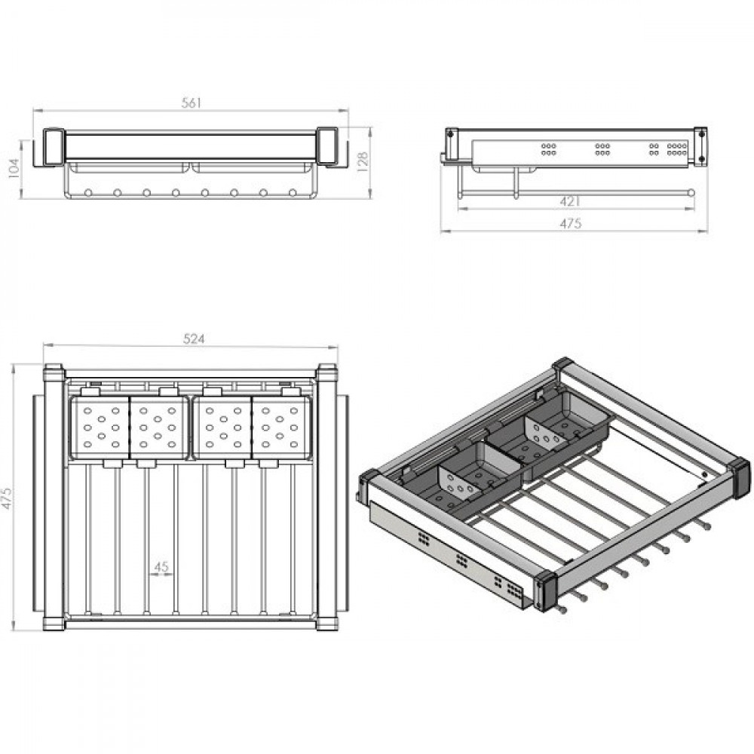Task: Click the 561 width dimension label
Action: pos(191,103)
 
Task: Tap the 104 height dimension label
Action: pos(14,168)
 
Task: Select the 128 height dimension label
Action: pos(363,161)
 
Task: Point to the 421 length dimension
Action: pos(570,201)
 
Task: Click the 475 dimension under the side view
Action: pos(571,223)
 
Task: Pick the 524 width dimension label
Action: pos(194,339)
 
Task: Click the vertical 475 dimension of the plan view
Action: pos(7,498)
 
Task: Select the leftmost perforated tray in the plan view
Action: pos(100,427)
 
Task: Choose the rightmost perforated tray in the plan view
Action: pos(282,427)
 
